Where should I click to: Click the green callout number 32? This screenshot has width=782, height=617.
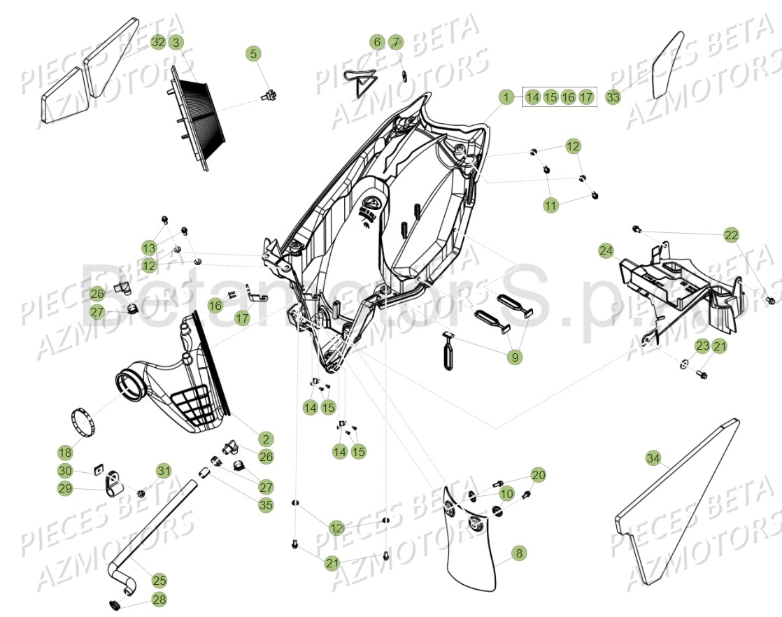[x=158, y=42]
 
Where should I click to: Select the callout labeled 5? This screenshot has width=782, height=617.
[x=253, y=53]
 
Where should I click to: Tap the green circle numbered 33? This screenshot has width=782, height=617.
[x=613, y=97]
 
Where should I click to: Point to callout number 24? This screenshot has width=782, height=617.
[x=606, y=250]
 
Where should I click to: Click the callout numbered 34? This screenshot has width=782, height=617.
[x=653, y=458]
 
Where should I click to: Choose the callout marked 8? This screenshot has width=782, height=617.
[x=518, y=553]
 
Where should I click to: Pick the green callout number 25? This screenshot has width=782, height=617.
[x=159, y=580]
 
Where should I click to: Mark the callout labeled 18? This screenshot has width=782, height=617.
[x=65, y=453]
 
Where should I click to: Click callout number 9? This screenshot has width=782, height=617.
[x=516, y=357]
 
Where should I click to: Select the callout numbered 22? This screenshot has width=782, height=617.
[x=731, y=235]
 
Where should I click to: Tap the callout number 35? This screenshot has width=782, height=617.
[x=266, y=504]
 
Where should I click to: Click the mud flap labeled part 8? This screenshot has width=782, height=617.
[x=472, y=546]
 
